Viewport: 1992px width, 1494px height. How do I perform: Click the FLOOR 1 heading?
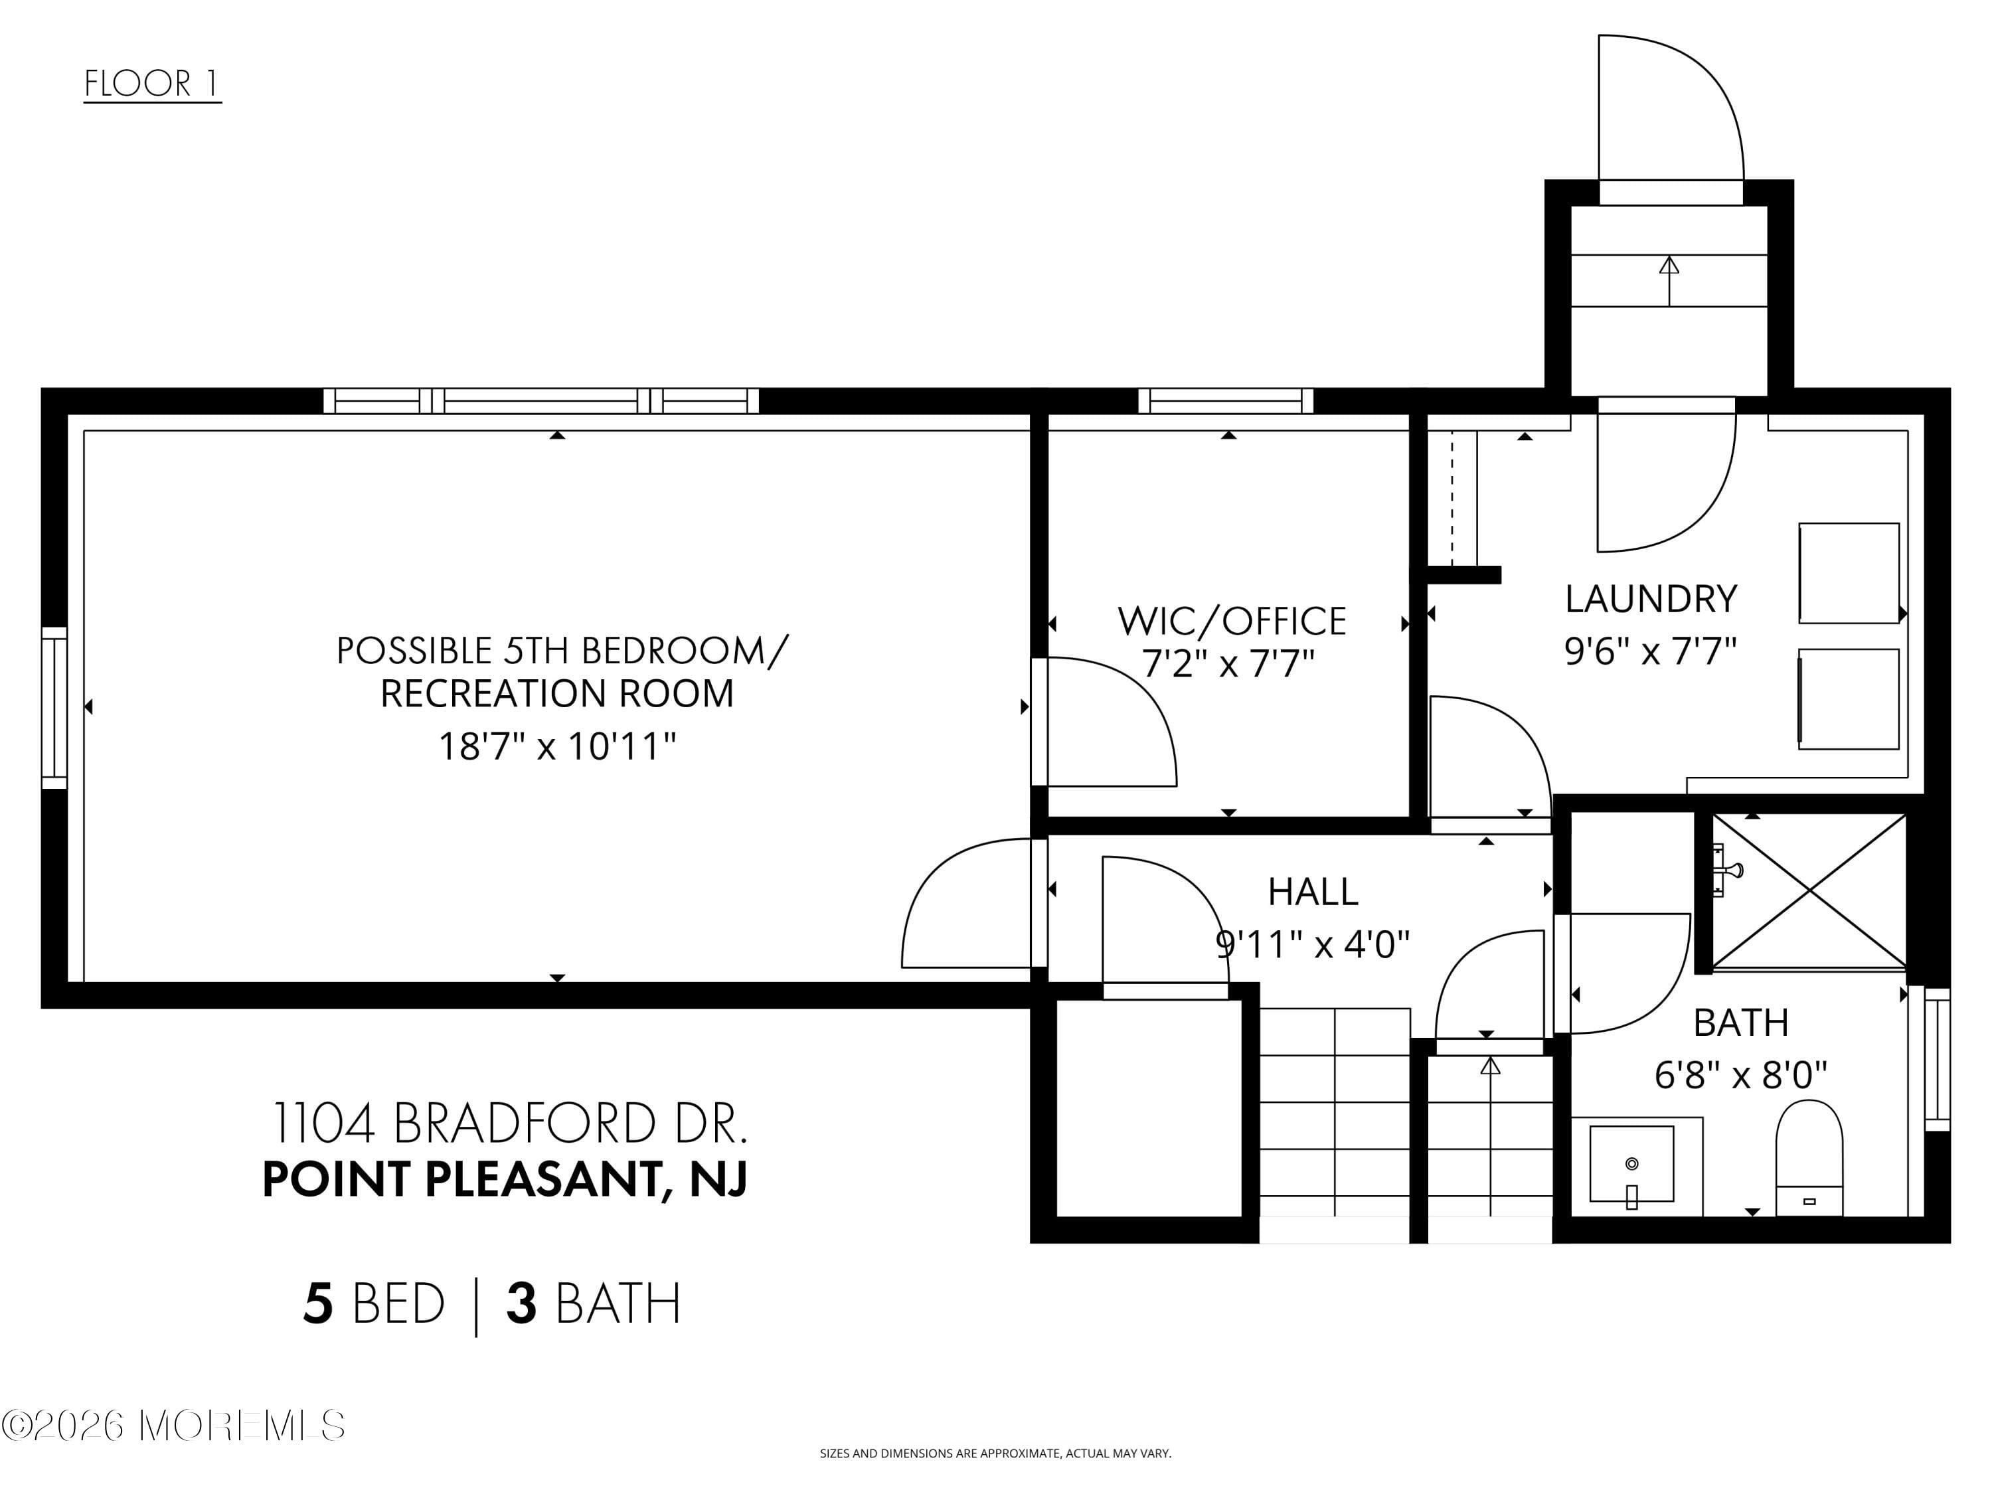click(x=151, y=84)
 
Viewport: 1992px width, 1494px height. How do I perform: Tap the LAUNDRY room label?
click(x=1650, y=599)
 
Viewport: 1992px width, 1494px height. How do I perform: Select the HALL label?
click(x=1312, y=892)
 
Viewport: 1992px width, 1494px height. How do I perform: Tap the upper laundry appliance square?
click(x=1848, y=573)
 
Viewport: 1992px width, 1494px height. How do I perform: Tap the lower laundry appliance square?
click(x=1848, y=699)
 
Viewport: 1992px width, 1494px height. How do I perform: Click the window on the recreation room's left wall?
click(x=54, y=707)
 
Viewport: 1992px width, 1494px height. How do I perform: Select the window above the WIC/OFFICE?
click(x=1226, y=401)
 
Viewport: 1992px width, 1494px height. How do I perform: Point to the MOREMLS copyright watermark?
click(x=174, y=1426)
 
